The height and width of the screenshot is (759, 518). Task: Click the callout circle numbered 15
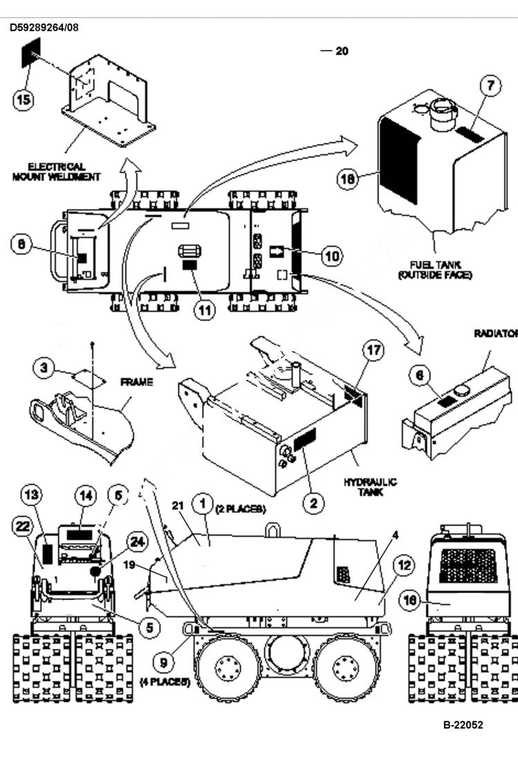[24, 100]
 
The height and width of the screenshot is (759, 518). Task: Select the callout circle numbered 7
[490, 86]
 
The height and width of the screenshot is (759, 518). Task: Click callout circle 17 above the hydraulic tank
[373, 351]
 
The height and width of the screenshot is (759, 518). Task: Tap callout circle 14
[85, 495]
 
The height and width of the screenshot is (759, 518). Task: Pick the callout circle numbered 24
[138, 542]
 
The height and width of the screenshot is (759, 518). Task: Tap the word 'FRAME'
[137, 381]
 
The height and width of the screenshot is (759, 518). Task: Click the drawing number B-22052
[463, 725]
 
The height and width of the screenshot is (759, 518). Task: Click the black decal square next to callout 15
[31, 53]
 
